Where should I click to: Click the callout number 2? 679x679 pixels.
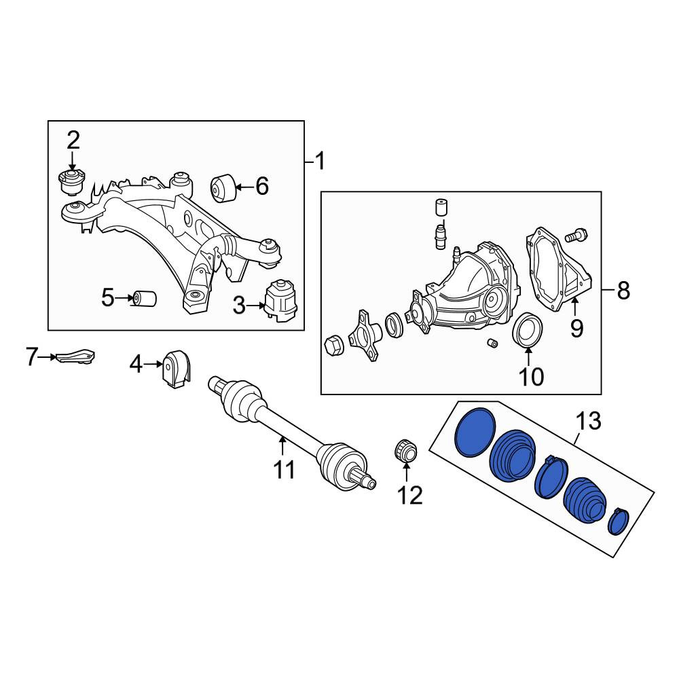pos(73,141)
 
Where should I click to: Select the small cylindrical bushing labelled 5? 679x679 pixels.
pos(145,298)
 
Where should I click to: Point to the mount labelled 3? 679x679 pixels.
pos(281,301)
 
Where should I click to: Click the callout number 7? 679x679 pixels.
pos(32,357)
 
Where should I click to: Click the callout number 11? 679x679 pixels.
pos(284,469)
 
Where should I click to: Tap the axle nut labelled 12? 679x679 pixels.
pos(405,451)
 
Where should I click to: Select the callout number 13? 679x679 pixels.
pos(589,422)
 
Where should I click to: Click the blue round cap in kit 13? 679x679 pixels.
pos(475,432)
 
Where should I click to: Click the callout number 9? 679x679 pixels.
pos(576,329)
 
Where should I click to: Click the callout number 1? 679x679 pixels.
pos(320,162)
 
